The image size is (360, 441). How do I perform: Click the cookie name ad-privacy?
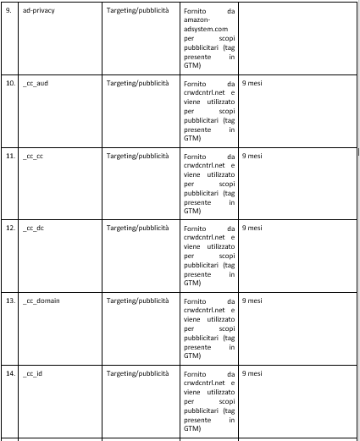point(37,13)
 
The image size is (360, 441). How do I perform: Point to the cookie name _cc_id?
point(33,372)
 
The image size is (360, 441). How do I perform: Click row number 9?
point(9,13)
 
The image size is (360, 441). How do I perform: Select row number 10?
point(11,85)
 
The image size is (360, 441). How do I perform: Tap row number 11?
point(11,157)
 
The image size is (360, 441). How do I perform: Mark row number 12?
point(11,229)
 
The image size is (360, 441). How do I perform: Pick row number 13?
point(11,300)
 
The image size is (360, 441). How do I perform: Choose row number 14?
point(11,372)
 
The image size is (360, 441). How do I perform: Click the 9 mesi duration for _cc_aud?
point(252,85)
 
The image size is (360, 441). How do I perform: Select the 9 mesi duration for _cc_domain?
point(252,300)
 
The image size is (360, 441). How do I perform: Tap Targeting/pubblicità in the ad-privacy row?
point(136,13)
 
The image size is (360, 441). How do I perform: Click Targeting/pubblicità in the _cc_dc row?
point(136,229)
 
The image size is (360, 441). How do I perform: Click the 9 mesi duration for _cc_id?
point(252,372)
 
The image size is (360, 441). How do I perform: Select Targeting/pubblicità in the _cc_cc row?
point(136,157)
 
